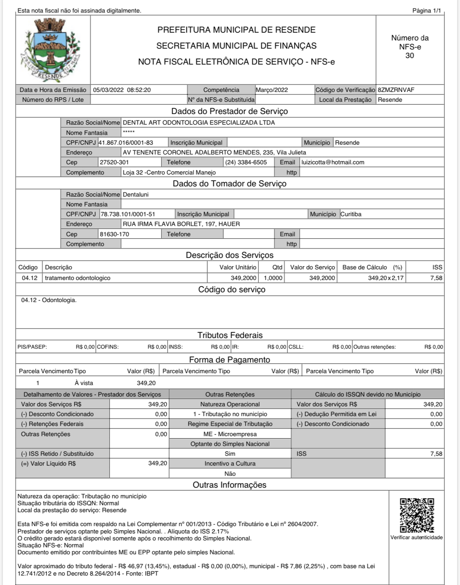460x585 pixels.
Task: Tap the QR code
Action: point(417,515)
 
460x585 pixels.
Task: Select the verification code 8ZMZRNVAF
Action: point(396,90)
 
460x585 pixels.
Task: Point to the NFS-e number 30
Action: point(410,56)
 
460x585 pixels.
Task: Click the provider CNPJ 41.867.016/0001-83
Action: point(126,143)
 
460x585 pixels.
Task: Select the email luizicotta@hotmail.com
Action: point(332,162)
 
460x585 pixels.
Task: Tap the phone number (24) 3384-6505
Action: point(246,162)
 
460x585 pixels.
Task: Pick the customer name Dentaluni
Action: point(136,195)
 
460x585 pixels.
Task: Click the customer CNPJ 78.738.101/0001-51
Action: point(128,214)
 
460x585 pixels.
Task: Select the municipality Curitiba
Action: point(351,214)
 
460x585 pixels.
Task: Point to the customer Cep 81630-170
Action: point(114,234)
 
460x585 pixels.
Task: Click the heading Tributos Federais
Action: point(230,335)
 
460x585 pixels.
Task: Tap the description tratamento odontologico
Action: point(78,278)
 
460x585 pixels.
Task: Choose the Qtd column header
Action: point(277,267)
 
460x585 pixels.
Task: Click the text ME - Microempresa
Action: point(230,434)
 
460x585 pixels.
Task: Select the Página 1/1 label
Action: point(426,11)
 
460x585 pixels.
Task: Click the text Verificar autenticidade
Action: point(416,538)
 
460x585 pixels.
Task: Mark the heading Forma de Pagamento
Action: point(229,360)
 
